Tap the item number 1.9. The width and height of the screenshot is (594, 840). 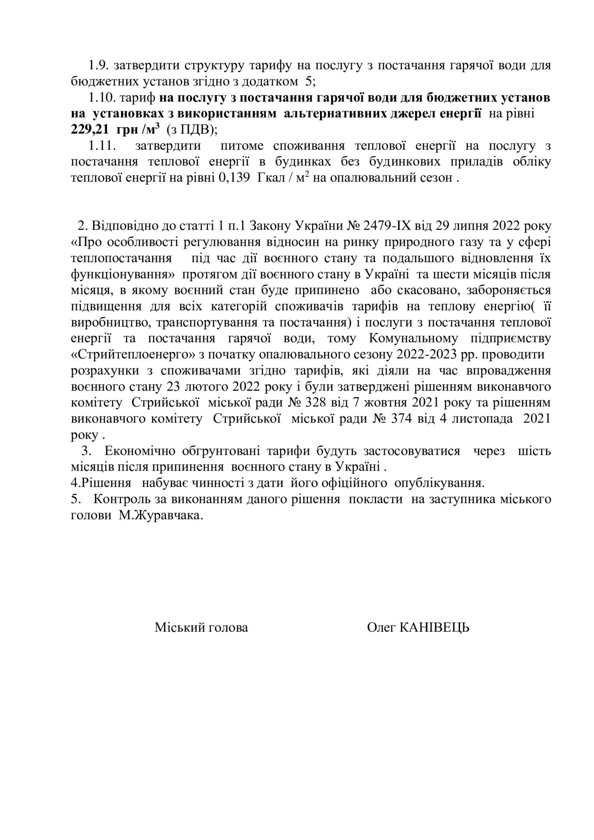pyautogui.click(x=98, y=66)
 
